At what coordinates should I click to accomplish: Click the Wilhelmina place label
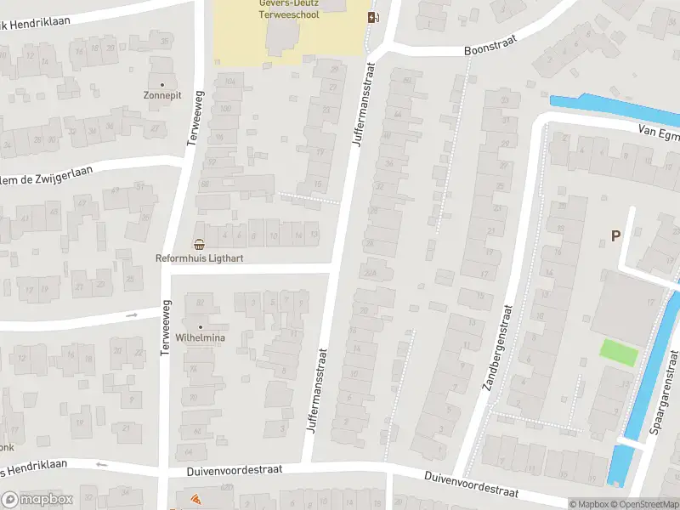point(201,337)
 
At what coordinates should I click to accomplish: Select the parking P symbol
point(615,236)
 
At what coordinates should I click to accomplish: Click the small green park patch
point(618,353)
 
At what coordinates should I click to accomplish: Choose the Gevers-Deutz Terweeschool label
point(288,8)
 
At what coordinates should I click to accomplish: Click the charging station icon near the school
point(372,17)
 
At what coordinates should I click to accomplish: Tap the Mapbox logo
point(37,500)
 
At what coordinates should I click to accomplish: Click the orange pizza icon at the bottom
point(195,500)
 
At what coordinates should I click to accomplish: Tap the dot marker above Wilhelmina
point(201,326)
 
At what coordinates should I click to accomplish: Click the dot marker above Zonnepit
point(162,85)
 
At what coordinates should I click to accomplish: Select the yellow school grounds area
point(246,38)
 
